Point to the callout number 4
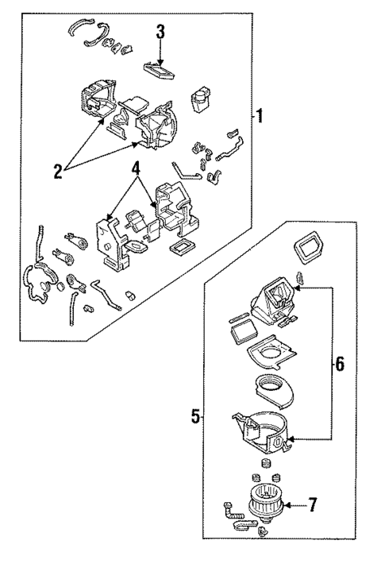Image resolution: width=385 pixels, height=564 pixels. coord(137,168)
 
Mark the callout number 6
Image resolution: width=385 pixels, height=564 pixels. coord(339,365)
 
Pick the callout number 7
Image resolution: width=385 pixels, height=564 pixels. coord(312,504)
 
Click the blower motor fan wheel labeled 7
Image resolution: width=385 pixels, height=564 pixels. coord(261,504)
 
